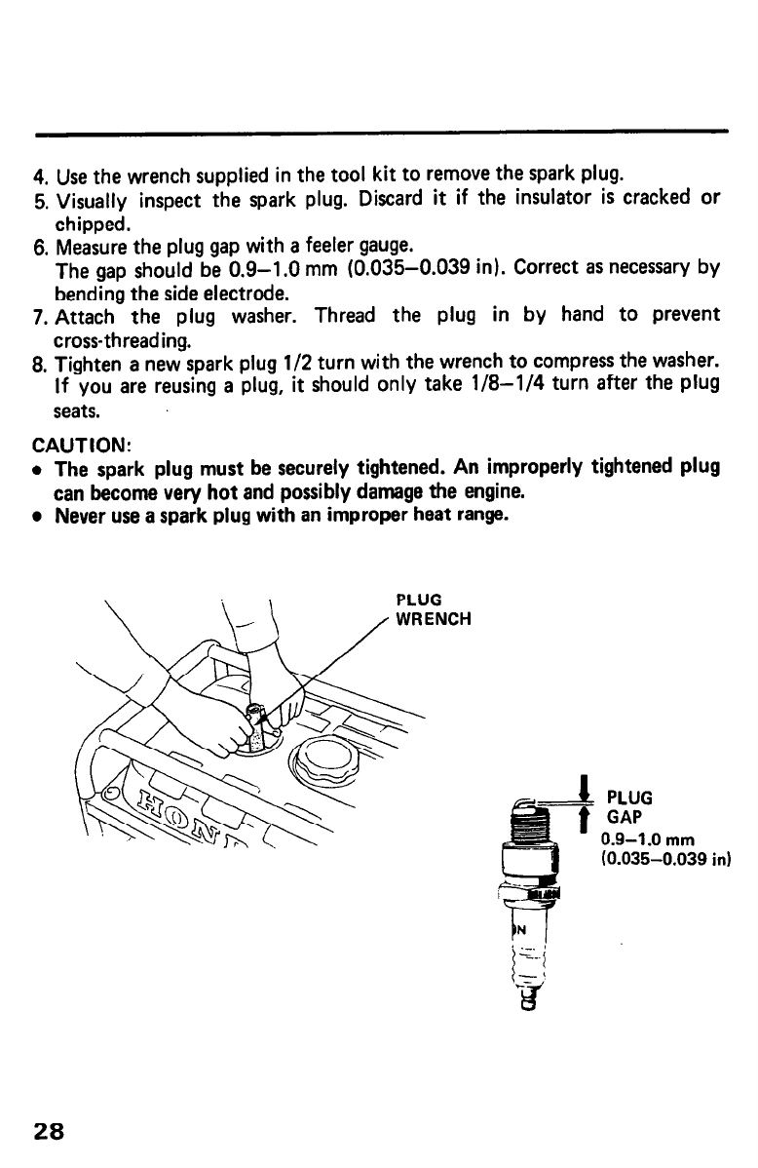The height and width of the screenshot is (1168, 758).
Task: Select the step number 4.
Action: (x=39, y=179)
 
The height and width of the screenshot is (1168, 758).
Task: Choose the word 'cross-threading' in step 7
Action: (x=124, y=340)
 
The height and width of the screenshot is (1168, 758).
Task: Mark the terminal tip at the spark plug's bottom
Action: (x=528, y=1000)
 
